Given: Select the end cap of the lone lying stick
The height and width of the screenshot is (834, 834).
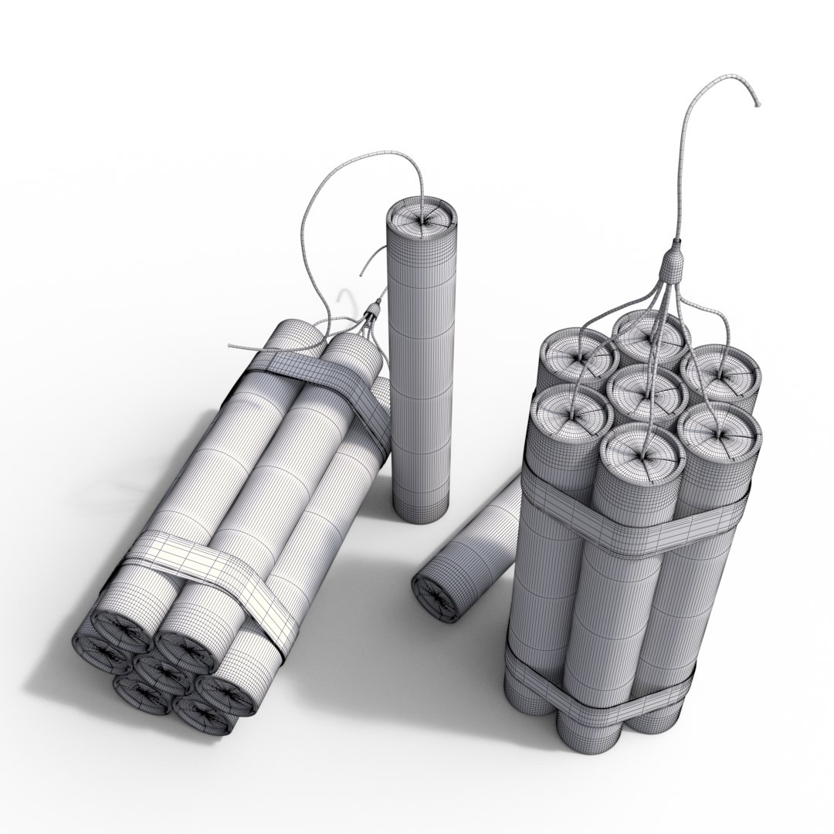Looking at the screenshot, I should [436, 595].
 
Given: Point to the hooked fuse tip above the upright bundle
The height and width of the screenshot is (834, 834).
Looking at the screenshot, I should [756, 102].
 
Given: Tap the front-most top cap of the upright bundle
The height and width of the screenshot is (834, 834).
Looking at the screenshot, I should [641, 456].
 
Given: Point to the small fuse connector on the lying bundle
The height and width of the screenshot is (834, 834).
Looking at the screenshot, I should [373, 310].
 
